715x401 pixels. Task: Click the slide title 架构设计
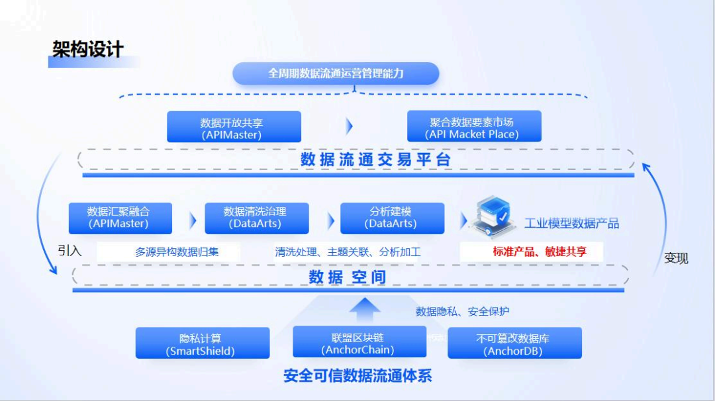coord(88,50)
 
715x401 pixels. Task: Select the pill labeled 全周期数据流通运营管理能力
coord(336,73)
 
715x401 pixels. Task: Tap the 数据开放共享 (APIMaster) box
coord(234,127)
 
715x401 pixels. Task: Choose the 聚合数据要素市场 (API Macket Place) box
coord(474,127)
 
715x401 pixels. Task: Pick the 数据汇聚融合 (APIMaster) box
coord(120,218)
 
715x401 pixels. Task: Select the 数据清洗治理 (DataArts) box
coord(256,218)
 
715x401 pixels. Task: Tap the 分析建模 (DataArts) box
coord(392,218)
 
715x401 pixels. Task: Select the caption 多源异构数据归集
coord(177,251)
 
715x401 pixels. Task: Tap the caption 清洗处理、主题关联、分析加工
coord(348,251)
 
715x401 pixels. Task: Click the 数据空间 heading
coord(348,277)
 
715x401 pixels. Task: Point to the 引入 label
coord(70,251)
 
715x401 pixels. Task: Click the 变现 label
coord(676,258)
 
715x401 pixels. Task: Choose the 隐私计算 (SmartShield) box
coord(202,344)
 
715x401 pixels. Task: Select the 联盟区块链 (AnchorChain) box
coord(359,343)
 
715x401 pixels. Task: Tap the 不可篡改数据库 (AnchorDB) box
coord(514,344)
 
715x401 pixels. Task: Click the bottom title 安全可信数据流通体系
coord(358,376)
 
